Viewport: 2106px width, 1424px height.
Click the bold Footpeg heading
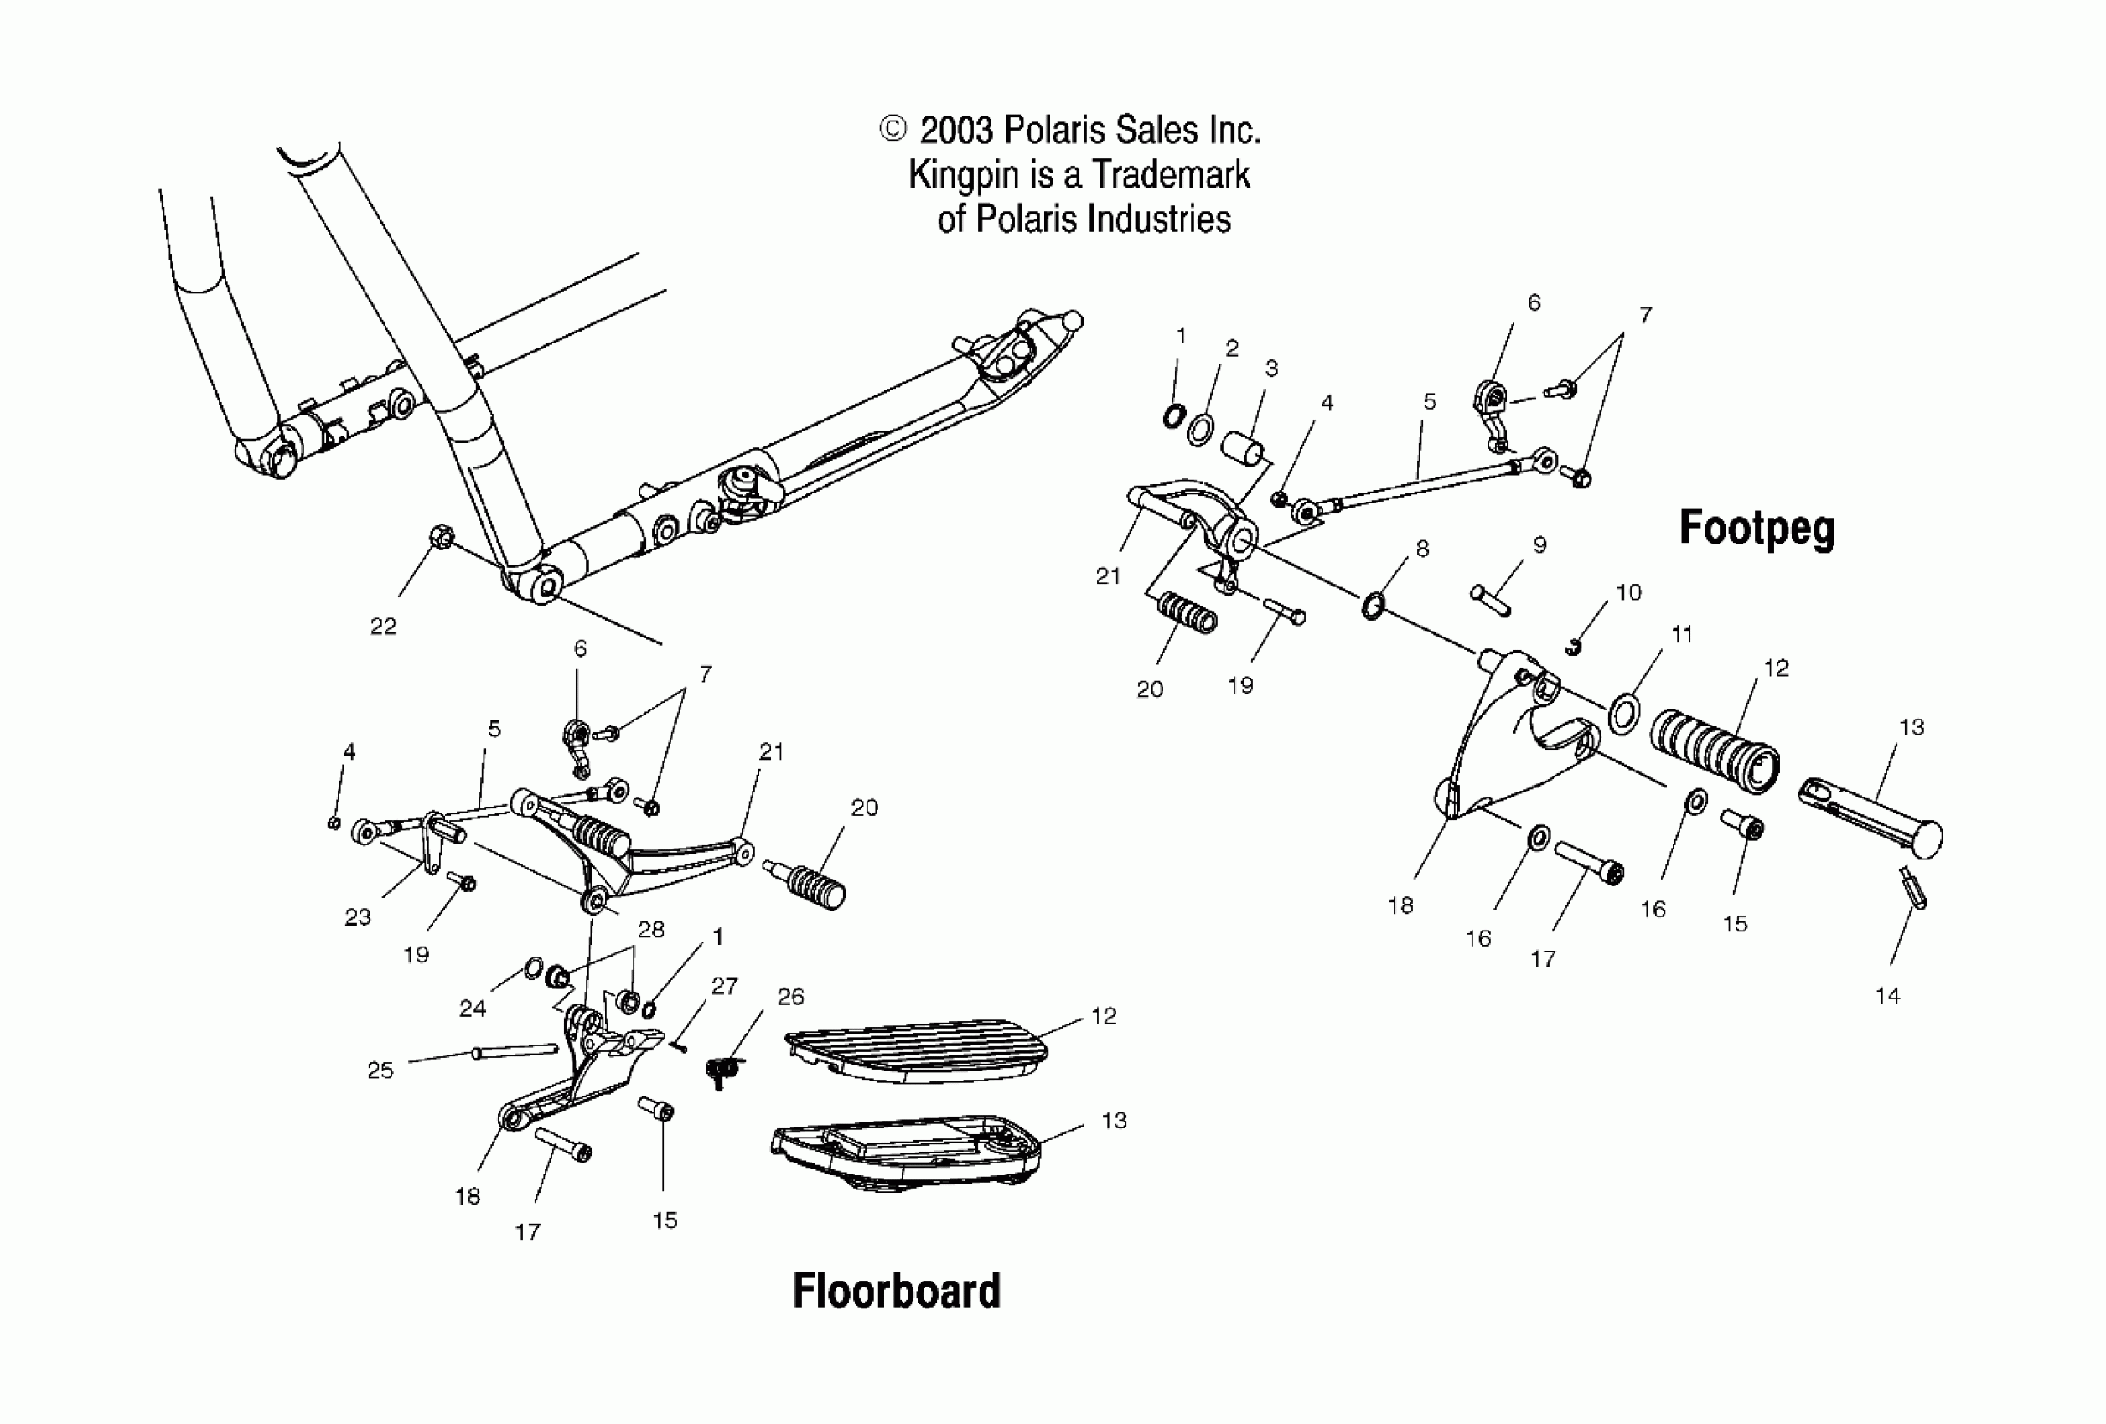(x=1757, y=528)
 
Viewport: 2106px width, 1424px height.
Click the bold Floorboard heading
(x=896, y=1291)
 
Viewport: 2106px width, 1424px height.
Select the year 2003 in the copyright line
(x=957, y=131)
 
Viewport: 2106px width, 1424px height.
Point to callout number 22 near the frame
(x=383, y=626)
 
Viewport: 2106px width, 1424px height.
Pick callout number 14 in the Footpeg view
(x=1887, y=995)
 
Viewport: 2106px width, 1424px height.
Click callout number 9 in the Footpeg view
(x=1539, y=544)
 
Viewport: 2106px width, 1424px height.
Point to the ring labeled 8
(x=1372, y=605)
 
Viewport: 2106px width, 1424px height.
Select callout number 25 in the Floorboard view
(x=380, y=1070)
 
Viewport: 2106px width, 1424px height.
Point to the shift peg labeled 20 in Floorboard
(x=811, y=884)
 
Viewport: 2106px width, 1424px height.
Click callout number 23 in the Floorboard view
(x=358, y=916)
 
